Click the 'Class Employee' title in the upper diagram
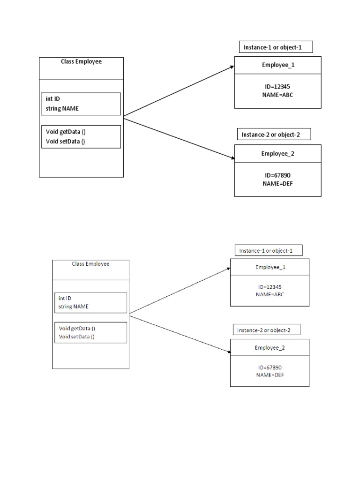click(81, 61)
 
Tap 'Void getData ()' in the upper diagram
click(65, 132)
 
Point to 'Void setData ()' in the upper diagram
click(65, 141)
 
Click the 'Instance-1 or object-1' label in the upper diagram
click(276, 47)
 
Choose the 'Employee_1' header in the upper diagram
click(278, 65)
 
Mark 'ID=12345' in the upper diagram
click(278, 87)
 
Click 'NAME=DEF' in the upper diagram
click(277, 184)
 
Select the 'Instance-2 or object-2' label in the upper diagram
click(270, 135)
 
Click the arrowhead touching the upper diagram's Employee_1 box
click(232, 67)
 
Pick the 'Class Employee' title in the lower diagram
click(90, 264)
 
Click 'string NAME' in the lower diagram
click(74, 307)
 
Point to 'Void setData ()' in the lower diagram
click(77, 337)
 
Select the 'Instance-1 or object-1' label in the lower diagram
click(266, 251)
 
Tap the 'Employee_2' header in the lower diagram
click(270, 348)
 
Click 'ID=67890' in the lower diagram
click(270, 367)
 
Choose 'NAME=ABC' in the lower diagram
click(270, 294)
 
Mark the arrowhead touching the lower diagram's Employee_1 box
click(228, 269)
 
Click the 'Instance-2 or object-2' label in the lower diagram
click(263, 330)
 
